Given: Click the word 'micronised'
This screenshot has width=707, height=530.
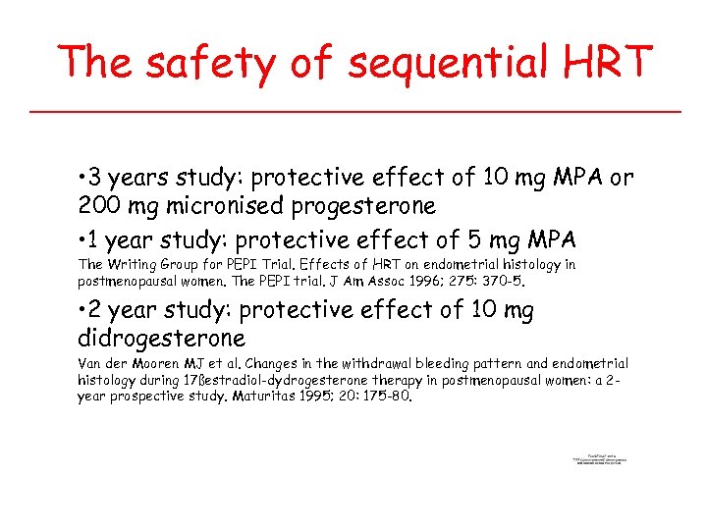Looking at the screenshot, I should pyautogui.click(x=222, y=207).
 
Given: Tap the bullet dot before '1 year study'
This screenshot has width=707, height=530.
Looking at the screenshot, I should pyautogui.click(x=82, y=240).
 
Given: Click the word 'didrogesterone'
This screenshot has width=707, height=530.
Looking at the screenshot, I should pyautogui.click(x=161, y=339).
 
